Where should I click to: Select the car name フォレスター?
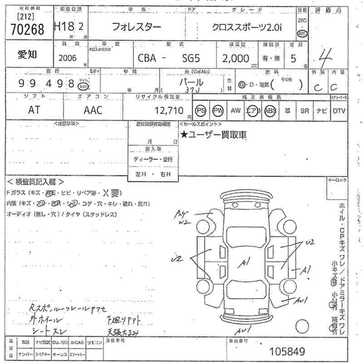(x=136, y=27)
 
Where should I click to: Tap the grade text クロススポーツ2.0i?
(x=247, y=27)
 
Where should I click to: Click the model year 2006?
(x=68, y=58)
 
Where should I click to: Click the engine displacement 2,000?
(x=236, y=58)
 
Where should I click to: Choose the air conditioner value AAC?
(x=93, y=110)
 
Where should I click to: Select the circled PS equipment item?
(x=201, y=110)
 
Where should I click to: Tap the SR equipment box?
(x=304, y=110)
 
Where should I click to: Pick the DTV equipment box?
(x=339, y=110)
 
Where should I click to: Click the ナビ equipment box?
(x=321, y=110)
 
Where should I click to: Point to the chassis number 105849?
(x=287, y=351)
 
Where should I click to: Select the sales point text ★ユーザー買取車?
(x=214, y=134)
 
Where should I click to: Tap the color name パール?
(x=191, y=82)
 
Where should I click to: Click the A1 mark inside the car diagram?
(x=245, y=262)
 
